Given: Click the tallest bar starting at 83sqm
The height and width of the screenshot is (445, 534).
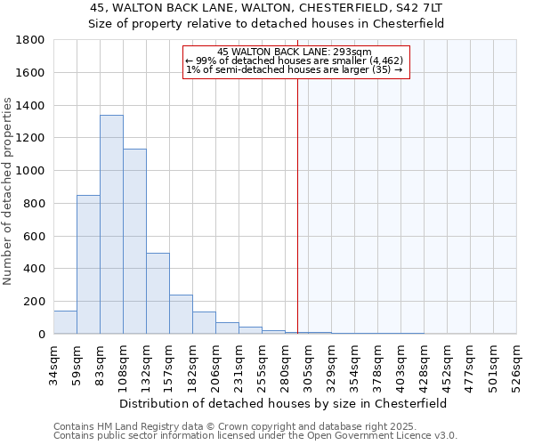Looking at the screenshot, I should point(111,224).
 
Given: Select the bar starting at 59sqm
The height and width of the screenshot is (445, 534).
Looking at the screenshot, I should point(88,264).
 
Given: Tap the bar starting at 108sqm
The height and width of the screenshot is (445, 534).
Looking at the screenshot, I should point(134,241).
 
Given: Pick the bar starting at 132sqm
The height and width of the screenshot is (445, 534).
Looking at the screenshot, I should point(158,294).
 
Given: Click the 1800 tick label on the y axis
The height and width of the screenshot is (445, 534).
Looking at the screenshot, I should point(32,40).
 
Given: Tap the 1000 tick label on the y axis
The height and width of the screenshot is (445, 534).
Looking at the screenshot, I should point(32,171).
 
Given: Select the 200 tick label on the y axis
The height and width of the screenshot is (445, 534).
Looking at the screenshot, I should point(36,302).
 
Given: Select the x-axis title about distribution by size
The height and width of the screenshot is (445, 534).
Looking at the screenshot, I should point(284,403).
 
